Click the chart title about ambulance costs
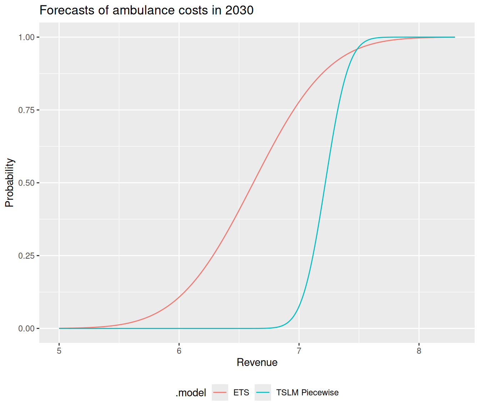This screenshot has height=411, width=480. coord(146,10)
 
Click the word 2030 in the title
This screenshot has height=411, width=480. coord(239,10)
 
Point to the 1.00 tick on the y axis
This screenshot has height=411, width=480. coord(26,37)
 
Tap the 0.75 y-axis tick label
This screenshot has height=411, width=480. coord(26,110)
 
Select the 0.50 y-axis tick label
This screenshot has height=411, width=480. coord(26,183)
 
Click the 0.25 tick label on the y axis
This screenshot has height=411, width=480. coord(26,255)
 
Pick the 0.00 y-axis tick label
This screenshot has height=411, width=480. coord(26,328)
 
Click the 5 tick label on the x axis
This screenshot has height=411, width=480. coord(59,351)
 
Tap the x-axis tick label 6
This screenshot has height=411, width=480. coord(179,351)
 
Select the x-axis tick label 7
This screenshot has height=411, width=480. coord(299,351)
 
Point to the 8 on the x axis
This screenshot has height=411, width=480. coord(419,351)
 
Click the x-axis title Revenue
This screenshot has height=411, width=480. coord(257,362)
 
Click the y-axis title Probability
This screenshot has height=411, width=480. coord(10,183)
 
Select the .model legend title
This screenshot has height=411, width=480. coord(191,393)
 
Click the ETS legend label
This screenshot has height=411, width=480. coord(241,392)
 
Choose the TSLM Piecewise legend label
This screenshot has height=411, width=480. coord(307,392)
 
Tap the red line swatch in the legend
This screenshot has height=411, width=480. coord(220,392)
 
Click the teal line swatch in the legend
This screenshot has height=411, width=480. coord(263,392)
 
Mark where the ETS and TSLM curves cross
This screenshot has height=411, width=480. coord(356,49)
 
